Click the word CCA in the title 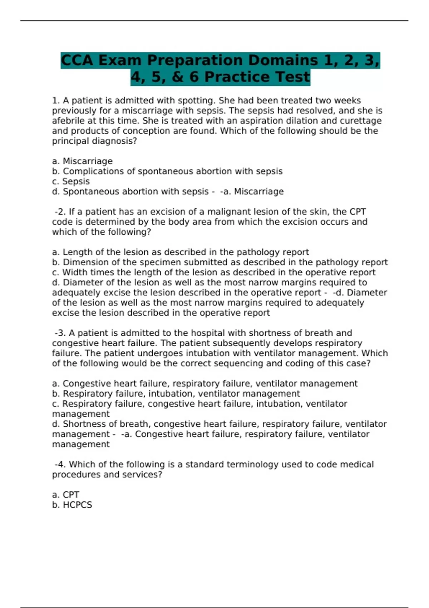(77, 60)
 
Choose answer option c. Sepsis (71, 181)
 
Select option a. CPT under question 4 (66, 495)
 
